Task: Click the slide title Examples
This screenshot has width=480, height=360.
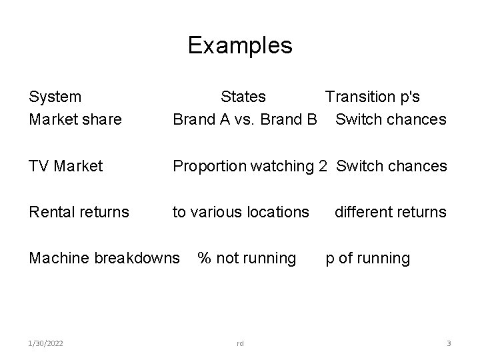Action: pos(240,45)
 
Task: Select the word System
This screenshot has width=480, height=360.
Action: pos(55,97)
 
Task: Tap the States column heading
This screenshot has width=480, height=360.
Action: pos(243,97)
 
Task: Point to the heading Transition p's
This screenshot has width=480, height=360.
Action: pos(372,97)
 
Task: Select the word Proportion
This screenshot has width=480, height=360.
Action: pos(209,165)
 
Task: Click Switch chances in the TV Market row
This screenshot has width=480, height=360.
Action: pos(391,165)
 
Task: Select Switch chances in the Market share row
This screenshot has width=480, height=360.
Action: pos(391,119)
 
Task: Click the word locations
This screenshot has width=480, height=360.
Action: pos(277,212)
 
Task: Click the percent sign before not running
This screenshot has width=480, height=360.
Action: pos(205,258)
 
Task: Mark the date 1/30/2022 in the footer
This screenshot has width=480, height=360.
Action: pos(47,343)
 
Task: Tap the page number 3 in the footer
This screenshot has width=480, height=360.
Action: pos(449,343)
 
